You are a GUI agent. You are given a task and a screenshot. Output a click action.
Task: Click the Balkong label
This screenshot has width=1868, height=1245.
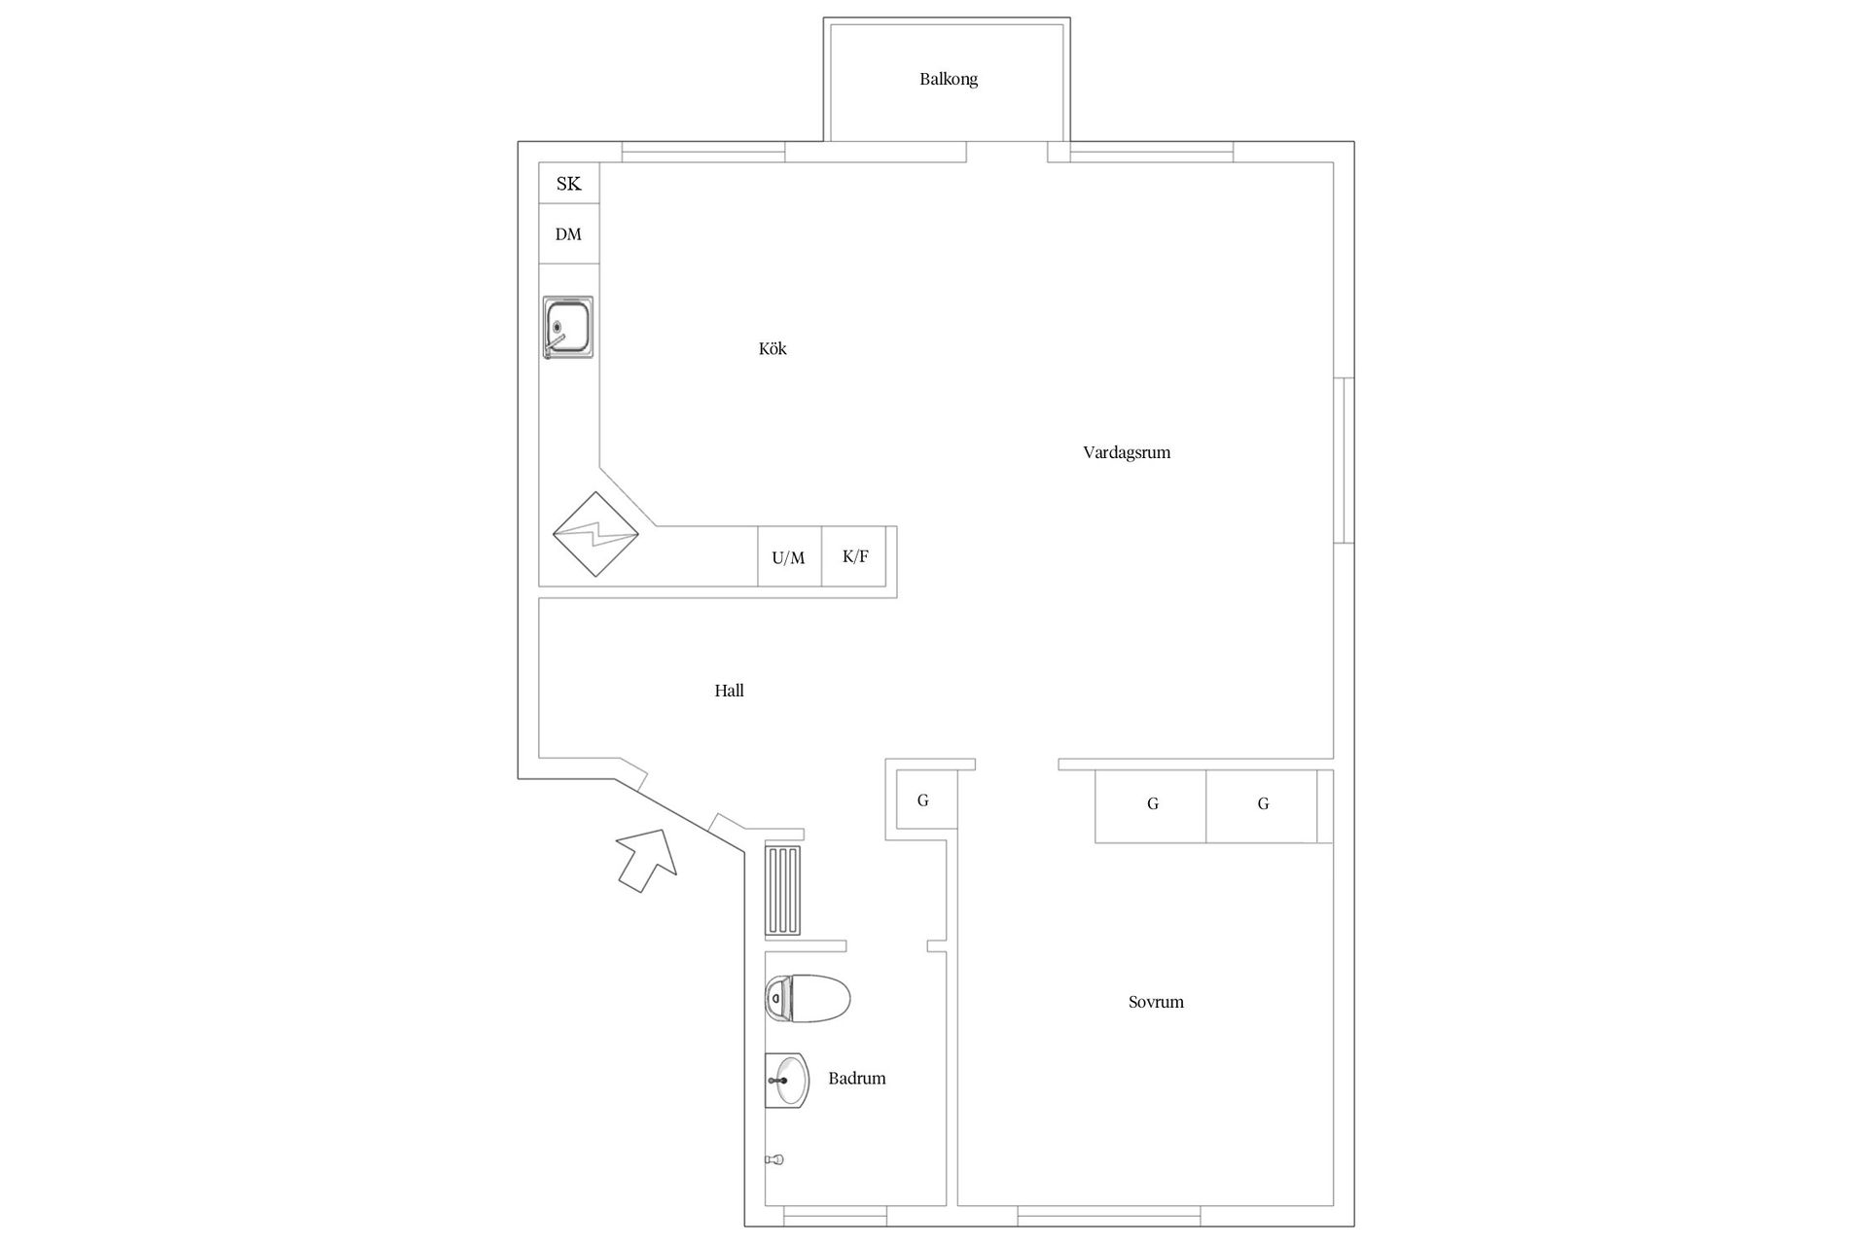coord(949,80)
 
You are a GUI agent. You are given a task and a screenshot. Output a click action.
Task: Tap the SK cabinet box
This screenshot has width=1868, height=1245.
coord(569,183)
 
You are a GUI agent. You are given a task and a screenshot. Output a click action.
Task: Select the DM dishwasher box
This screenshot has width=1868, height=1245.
coord(569,233)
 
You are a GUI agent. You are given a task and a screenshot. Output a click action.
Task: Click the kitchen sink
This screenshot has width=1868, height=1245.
coord(568,327)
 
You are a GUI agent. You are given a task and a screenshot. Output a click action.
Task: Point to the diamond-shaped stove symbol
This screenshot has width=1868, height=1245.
coord(595,534)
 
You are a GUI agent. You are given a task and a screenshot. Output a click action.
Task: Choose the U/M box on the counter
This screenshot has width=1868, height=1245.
coord(789,557)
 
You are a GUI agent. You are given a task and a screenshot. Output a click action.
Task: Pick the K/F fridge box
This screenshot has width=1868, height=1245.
coord(854,556)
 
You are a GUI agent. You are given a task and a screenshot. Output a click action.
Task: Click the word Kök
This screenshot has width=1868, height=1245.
coord(772,348)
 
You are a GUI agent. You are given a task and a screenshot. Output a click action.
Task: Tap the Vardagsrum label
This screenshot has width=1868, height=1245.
coord(1127,452)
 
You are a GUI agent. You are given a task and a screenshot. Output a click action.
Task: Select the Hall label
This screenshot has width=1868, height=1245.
coord(729,691)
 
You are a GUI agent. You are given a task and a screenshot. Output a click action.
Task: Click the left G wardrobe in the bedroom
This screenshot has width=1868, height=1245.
coord(1151,804)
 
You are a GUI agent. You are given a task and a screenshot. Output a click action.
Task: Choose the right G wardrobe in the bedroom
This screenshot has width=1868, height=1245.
coord(1262,804)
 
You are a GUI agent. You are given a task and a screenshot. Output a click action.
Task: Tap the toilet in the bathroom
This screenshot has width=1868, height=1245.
coord(808,998)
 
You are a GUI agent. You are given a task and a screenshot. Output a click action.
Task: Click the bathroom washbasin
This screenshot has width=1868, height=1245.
coord(787,1081)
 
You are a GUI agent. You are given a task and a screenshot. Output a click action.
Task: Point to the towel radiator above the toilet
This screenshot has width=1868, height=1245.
coord(783,890)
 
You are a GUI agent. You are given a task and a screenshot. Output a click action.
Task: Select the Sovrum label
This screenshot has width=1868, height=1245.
coord(1156,1002)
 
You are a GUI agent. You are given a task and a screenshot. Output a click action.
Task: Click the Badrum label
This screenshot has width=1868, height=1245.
coord(857,1079)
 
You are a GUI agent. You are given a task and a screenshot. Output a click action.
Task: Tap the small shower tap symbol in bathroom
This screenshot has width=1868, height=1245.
coord(774,1159)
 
